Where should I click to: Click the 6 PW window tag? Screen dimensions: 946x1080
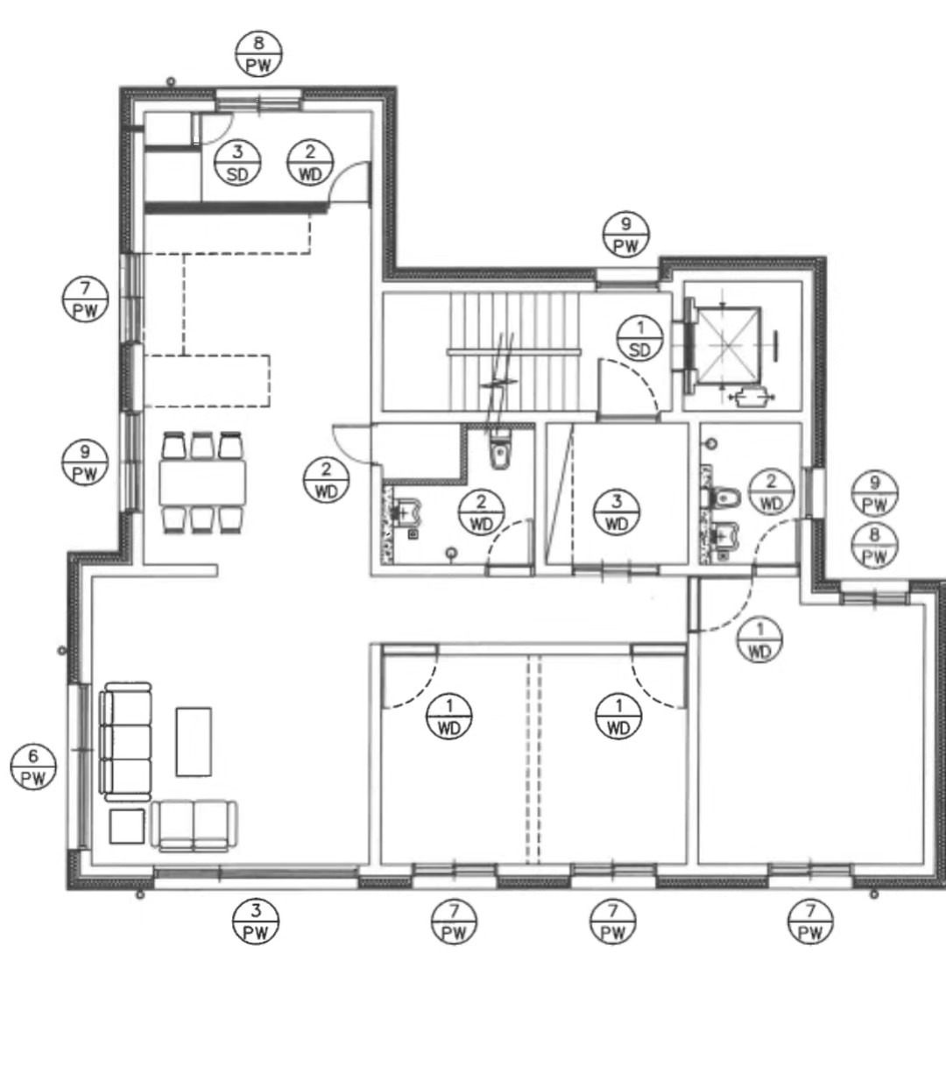[33, 766]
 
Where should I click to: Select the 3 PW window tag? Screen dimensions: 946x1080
[256, 921]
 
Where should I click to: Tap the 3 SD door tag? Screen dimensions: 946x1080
[237, 163]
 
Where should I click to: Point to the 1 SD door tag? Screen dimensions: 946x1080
[640, 338]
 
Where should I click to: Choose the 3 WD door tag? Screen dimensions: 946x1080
[617, 512]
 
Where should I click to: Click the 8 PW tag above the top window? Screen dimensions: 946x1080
[258, 53]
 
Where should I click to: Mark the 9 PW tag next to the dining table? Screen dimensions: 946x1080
[86, 463]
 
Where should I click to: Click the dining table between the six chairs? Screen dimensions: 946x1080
[202, 483]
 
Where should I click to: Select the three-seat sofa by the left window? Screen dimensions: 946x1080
[126, 744]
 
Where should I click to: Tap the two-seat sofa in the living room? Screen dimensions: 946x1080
[194, 826]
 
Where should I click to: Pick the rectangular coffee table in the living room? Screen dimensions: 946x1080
[194, 742]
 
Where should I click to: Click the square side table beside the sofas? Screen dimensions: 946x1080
[127, 826]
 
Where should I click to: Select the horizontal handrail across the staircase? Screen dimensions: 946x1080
[513, 351]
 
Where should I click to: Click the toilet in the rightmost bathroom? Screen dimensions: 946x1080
[721, 497]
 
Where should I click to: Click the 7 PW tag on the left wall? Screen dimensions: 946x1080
[86, 300]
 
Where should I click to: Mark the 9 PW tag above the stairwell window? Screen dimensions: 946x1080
[626, 235]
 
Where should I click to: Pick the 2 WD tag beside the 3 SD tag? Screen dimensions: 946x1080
[310, 163]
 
